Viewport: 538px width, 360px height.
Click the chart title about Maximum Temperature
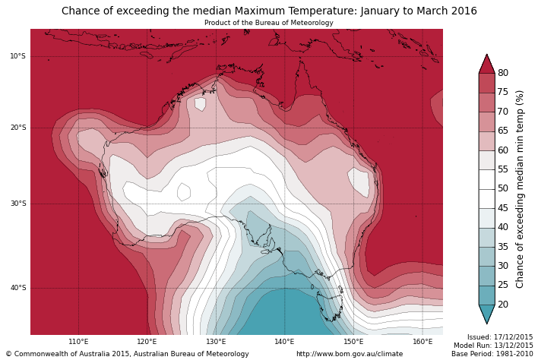[269, 11]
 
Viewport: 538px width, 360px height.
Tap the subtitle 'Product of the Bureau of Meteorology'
[269, 23]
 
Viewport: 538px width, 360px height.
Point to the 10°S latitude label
[17, 56]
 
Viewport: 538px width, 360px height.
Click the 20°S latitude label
[17, 128]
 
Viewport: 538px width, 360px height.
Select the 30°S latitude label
[17, 204]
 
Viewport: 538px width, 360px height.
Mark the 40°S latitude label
[17, 288]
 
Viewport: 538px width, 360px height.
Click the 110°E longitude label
[78, 342]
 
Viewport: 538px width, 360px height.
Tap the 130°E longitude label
[216, 342]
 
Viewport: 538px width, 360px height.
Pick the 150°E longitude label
[353, 342]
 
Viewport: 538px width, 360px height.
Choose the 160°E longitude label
[422, 342]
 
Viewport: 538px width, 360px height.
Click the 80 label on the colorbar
[503, 73]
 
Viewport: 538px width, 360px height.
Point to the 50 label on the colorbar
[503, 188]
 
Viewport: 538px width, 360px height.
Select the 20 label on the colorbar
[503, 305]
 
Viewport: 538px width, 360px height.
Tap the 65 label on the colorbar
[503, 131]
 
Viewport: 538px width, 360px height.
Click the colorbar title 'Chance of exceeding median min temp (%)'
[521, 188]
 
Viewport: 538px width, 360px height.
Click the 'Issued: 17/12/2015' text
[499, 337]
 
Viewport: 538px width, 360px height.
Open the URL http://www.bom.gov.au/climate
[350, 354]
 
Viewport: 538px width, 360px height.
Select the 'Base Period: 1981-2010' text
[492, 354]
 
